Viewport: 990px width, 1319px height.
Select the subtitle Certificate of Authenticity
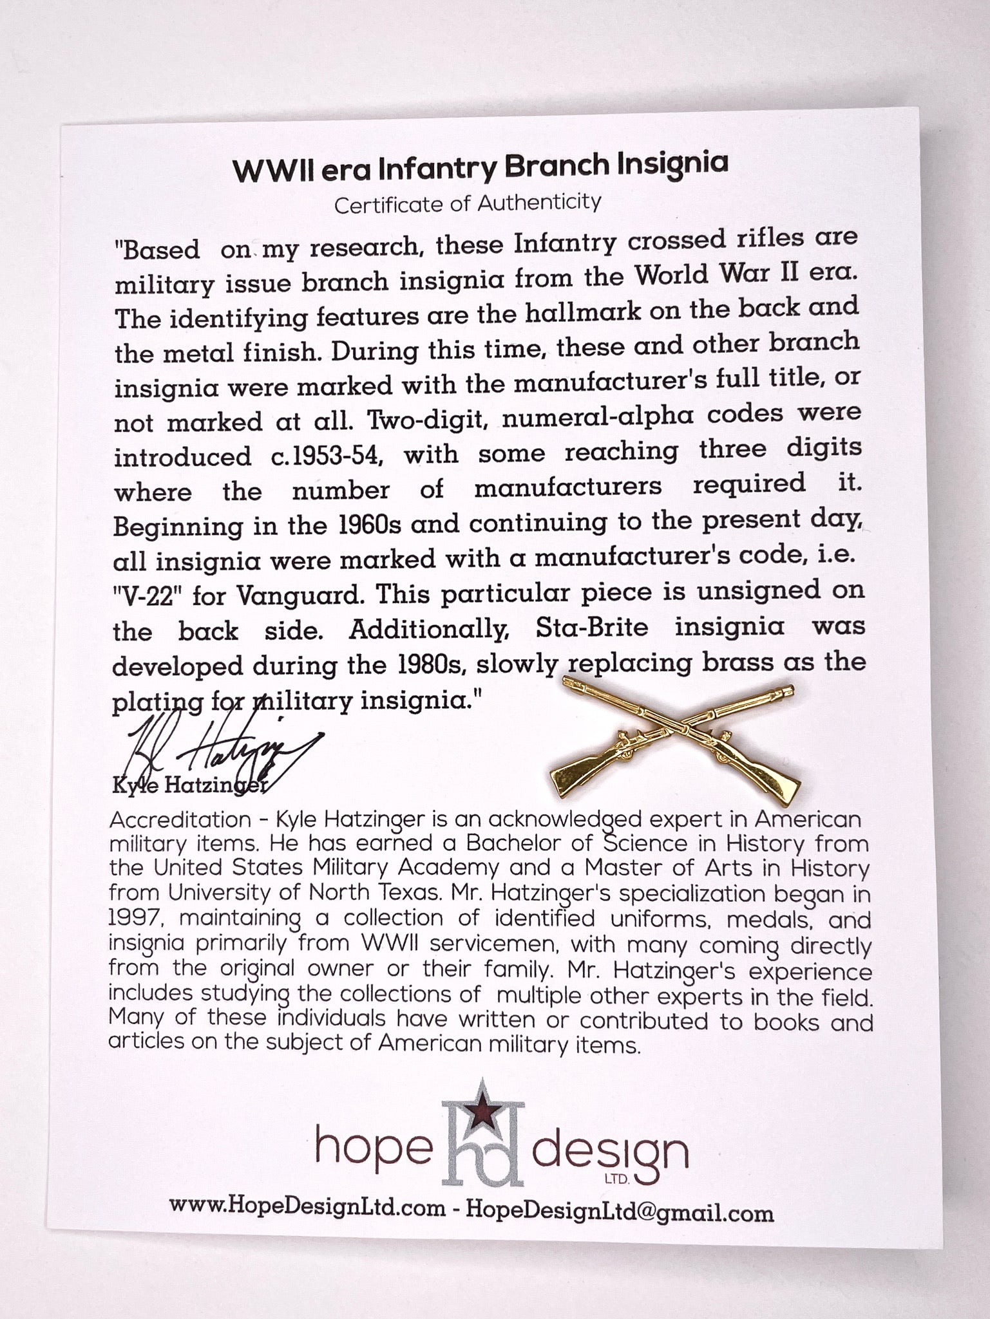click(468, 203)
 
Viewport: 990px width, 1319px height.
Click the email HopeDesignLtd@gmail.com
click(619, 1213)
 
